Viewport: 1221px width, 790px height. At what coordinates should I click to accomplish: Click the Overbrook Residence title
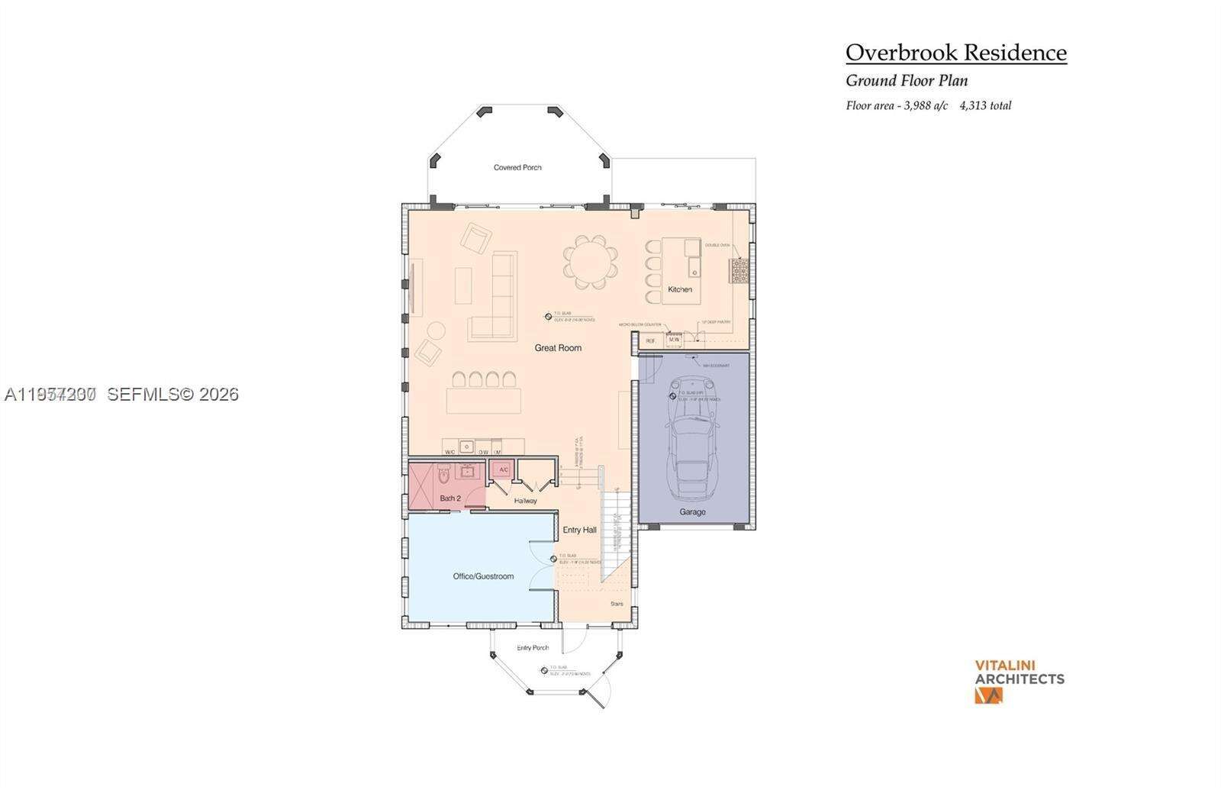click(x=955, y=53)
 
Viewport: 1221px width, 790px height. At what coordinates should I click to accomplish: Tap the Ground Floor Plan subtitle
click(x=907, y=80)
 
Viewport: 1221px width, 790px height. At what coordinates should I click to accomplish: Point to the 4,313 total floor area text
click(x=985, y=106)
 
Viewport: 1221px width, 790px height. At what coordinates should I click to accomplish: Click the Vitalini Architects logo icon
click(x=987, y=695)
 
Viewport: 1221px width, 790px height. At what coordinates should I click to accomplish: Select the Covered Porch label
click(x=517, y=167)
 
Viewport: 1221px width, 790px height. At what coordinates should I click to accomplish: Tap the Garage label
click(x=692, y=512)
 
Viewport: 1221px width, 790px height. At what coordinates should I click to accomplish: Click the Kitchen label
click(x=680, y=289)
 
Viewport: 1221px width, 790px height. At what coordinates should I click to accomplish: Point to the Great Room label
click(x=558, y=348)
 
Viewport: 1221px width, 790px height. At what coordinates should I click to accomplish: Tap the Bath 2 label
click(x=450, y=498)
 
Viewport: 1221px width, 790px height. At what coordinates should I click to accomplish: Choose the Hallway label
click(x=525, y=501)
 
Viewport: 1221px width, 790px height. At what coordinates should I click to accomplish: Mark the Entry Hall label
click(x=579, y=530)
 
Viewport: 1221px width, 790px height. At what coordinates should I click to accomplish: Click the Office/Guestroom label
click(x=483, y=576)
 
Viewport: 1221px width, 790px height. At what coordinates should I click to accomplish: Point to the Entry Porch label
click(x=533, y=647)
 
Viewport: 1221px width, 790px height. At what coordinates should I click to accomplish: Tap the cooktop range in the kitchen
click(x=739, y=271)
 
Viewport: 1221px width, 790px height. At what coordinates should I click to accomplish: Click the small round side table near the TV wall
click(x=436, y=331)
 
